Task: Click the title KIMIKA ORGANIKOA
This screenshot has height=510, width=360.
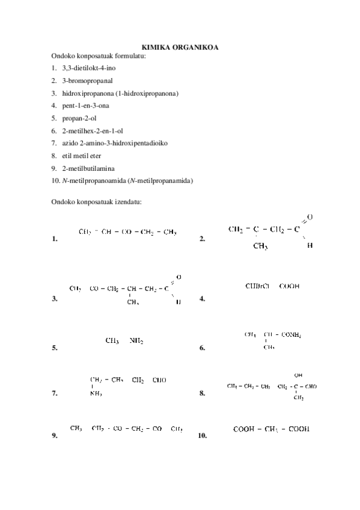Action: coord(180,48)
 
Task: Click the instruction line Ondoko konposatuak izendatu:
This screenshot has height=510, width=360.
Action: coord(96,201)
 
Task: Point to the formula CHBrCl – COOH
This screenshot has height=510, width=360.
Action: coord(272,286)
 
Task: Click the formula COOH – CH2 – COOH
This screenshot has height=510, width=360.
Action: coord(271,429)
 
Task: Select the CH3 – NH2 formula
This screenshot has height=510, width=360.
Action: coord(124,340)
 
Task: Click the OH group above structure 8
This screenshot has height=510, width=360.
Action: coord(298,375)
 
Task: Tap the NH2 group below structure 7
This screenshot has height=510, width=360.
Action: coord(96,395)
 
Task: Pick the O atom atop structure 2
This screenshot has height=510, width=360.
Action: coord(309,217)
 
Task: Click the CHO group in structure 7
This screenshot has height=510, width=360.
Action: coord(159,380)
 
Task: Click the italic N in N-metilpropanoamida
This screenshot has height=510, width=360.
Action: coord(64,180)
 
